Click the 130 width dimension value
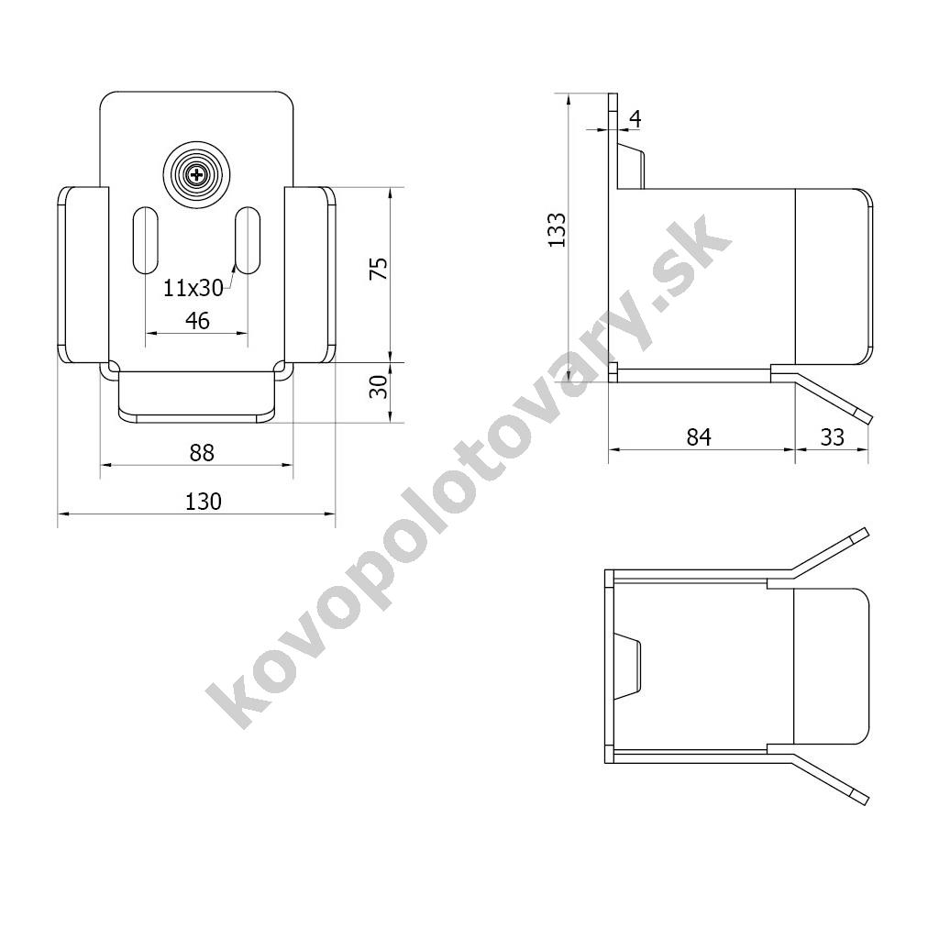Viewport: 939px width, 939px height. click(x=203, y=502)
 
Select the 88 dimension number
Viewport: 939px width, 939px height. click(x=202, y=453)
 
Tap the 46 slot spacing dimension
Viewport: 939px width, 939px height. click(x=197, y=321)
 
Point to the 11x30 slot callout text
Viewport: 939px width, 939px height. click(x=193, y=289)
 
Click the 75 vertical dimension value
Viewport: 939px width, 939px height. click(x=379, y=269)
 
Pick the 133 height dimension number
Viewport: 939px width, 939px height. click(x=557, y=229)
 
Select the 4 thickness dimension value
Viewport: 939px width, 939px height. click(x=635, y=119)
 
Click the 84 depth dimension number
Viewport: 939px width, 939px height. click(x=698, y=437)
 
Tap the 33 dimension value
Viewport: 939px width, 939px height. click(x=832, y=437)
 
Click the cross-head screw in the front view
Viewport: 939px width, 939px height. click(x=196, y=175)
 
